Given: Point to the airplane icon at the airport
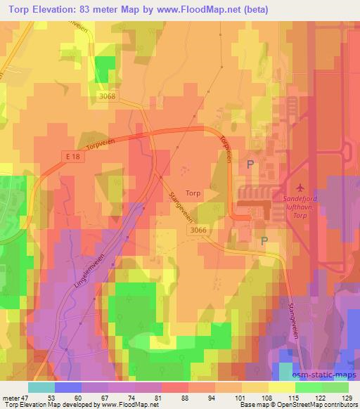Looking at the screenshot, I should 302,188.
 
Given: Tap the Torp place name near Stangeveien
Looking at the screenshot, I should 193,192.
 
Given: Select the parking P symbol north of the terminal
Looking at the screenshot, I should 250,164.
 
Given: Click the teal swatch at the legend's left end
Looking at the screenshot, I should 41,387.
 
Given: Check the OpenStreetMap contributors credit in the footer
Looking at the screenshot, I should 326,405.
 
